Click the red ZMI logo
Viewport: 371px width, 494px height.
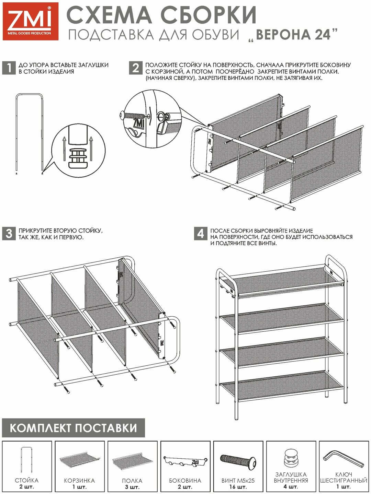[31, 21]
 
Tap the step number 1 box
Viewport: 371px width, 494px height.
[9, 68]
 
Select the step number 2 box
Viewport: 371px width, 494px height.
[136, 68]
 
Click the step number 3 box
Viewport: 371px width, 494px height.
[9, 233]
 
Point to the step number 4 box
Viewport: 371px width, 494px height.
[201, 233]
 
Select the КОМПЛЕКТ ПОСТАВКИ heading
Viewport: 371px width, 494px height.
[74, 428]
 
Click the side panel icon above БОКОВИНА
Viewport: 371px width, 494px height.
[185, 462]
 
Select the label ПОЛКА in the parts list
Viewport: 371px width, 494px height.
[132, 481]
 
